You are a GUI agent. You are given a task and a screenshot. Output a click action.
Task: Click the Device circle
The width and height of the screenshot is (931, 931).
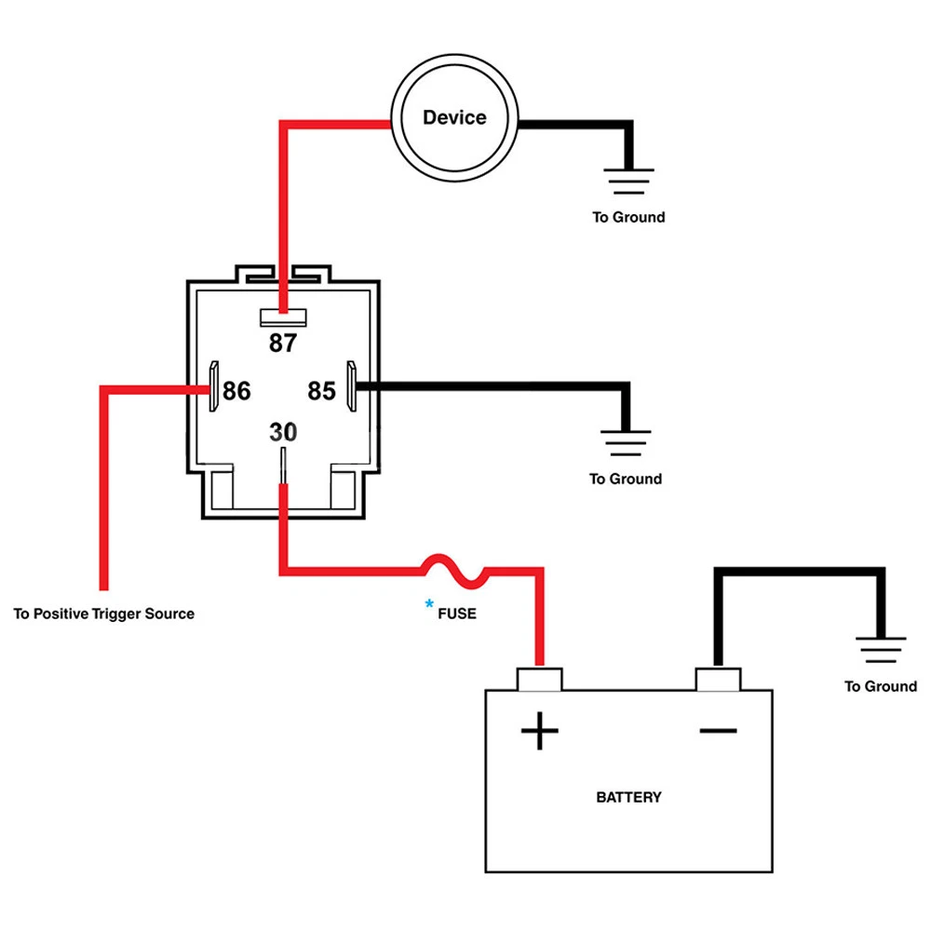point(454,118)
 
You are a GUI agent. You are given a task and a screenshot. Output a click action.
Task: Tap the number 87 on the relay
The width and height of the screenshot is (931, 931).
point(282,344)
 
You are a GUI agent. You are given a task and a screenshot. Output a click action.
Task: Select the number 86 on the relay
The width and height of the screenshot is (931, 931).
point(236,391)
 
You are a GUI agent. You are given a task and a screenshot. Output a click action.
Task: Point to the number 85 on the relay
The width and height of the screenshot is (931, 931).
point(321,391)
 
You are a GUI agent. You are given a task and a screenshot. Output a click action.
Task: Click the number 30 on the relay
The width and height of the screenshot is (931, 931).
point(283,432)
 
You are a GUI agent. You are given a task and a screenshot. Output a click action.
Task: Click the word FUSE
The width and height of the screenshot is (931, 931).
point(457,614)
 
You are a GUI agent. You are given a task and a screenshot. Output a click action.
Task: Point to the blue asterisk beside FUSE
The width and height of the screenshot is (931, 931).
point(429,605)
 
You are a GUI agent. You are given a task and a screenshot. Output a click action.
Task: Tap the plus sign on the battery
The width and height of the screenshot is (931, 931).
point(539,731)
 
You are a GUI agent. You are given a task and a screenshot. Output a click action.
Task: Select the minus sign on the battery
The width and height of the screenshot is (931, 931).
point(718,731)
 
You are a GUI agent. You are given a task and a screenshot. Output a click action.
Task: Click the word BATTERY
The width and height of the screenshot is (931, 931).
point(628,797)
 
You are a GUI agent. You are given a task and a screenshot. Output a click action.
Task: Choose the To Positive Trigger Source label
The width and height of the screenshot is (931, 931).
point(104,614)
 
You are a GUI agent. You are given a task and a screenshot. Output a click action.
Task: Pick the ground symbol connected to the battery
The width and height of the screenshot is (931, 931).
point(880,650)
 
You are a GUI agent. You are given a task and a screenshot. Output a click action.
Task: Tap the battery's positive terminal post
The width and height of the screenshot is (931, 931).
point(539,679)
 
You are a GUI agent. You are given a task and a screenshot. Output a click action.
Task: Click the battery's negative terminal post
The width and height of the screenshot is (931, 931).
point(718,679)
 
